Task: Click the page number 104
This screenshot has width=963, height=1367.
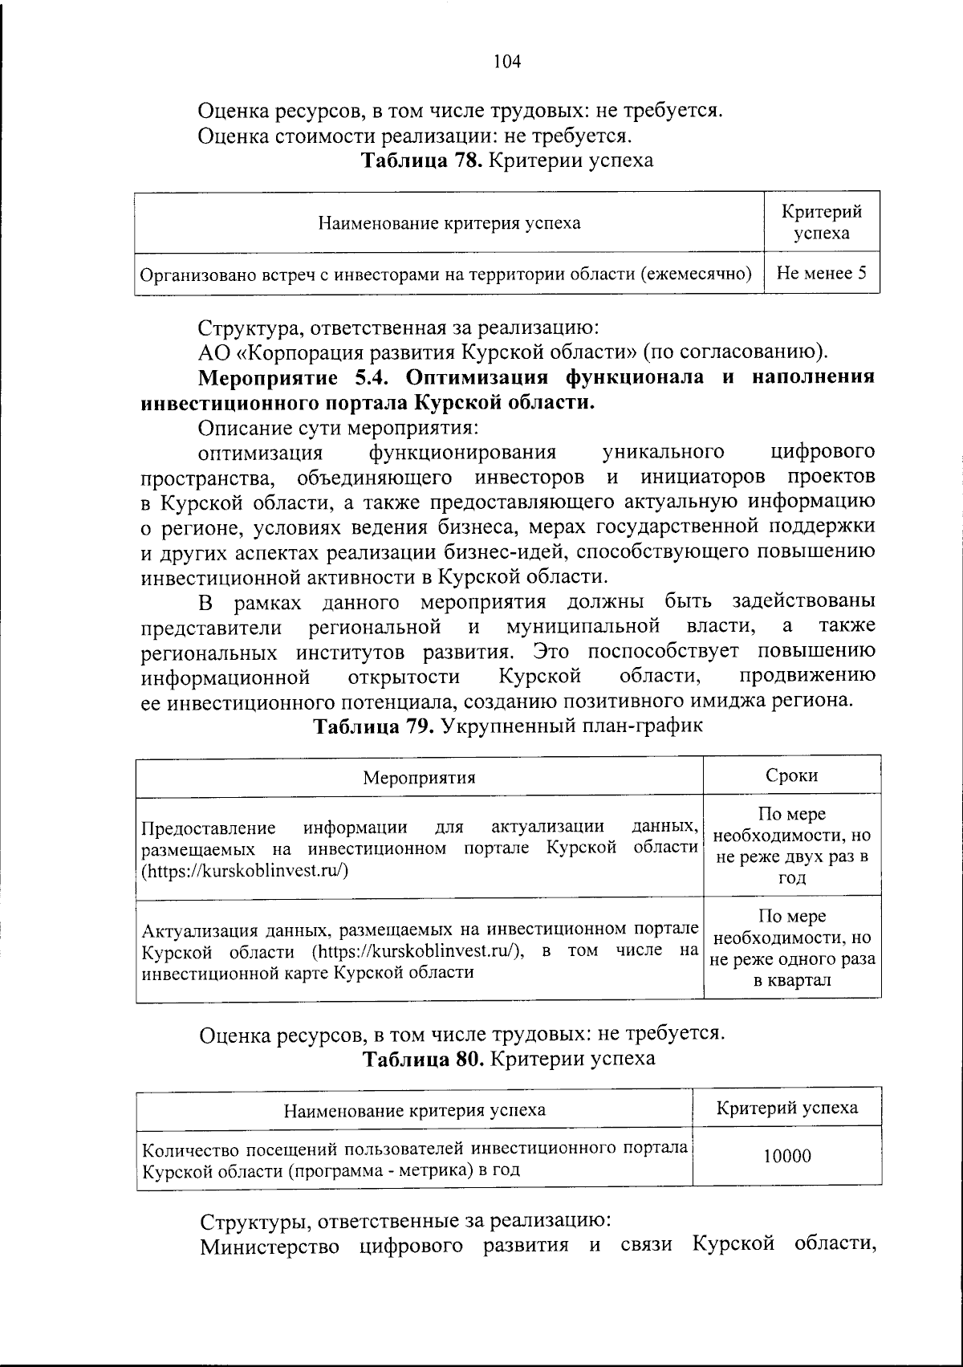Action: [x=507, y=61]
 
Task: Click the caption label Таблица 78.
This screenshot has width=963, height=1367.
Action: [x=421, y=161]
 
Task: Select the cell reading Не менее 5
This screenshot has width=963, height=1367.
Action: [x=822, y=273]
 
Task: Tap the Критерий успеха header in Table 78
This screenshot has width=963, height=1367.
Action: [x=822, y=222]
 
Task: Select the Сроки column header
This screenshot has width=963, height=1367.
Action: [x=791, y=775]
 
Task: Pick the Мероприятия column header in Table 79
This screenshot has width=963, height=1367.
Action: [x=419, y=778]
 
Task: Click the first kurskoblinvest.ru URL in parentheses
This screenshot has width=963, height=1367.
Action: [x=244, y=869]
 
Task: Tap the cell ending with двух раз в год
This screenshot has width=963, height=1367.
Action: [x=791, y=846]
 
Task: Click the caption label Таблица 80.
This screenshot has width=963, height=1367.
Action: [x=423, y=1059]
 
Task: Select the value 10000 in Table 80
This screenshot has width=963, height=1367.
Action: [x=786, y=1156]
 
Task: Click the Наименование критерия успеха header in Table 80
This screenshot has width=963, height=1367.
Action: [x=414, y=1110]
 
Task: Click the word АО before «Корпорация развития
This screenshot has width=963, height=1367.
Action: [x=213, y=352]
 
